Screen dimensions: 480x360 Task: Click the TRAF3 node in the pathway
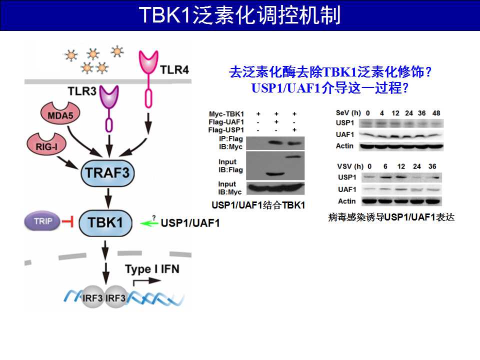107,173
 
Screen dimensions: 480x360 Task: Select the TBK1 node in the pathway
105,223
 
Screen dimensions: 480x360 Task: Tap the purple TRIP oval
42,221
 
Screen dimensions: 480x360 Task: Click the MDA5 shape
60,113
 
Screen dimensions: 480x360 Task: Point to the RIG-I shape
46,143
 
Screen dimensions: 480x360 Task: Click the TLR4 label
174,70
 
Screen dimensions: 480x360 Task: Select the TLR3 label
81,91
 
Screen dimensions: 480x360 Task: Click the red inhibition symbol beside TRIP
67,221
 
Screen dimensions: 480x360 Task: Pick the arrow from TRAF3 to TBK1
108,198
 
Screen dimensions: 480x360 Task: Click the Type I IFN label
152,269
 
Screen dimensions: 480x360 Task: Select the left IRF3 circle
92,297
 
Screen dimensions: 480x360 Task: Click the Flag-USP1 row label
226,130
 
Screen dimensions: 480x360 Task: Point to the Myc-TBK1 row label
226,114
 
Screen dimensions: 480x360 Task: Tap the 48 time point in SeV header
436,113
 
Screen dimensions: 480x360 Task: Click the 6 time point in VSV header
385,166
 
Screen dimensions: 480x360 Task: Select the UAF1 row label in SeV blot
344,134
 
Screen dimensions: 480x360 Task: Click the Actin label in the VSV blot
347,201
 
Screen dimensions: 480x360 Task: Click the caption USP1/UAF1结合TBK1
258,205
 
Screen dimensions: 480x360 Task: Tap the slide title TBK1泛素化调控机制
240,15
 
